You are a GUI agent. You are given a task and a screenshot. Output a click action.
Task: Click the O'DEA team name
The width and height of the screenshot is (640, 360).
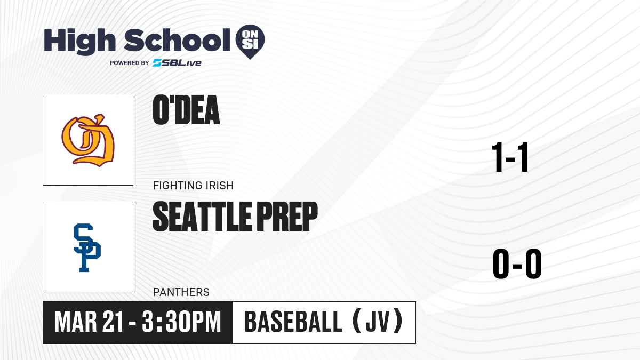tap(186, 110)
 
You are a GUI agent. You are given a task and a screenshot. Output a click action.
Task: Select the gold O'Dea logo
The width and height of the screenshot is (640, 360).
tap(88, 140)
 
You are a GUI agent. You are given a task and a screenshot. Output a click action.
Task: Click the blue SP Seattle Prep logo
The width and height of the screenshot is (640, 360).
tap(87, 247)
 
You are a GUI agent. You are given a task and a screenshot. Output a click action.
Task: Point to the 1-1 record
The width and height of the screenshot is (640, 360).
tap(510, 157)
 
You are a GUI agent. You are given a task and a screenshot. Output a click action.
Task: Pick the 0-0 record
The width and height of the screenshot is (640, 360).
tap(517, 263)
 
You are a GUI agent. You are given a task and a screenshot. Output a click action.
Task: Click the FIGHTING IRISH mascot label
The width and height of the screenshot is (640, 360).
tap(193, 186)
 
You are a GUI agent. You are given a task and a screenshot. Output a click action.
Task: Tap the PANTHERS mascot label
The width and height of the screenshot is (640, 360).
tap(181, 292)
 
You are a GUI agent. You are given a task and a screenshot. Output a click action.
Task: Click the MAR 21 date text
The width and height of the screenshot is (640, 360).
tap(90, 322)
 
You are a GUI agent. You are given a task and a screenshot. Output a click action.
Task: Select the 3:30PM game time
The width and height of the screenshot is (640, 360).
tap(181, 322)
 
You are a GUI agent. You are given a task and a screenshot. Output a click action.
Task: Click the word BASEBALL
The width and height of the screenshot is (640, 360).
tap(293, 322)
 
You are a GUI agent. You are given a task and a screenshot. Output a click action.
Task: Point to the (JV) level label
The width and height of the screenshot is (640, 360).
tap(378, 322)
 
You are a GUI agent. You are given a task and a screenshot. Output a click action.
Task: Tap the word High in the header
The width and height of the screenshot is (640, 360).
tap(79, 41)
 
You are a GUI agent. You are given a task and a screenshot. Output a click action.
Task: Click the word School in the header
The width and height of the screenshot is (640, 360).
tap(177, 39)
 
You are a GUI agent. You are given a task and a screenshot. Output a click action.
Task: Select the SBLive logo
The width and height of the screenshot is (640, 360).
tap(177, 63)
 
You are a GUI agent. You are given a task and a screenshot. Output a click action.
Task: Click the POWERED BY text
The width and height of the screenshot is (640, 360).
tap(130, 63)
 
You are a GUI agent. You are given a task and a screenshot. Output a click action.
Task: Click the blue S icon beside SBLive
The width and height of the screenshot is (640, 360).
tap(157, 63)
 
